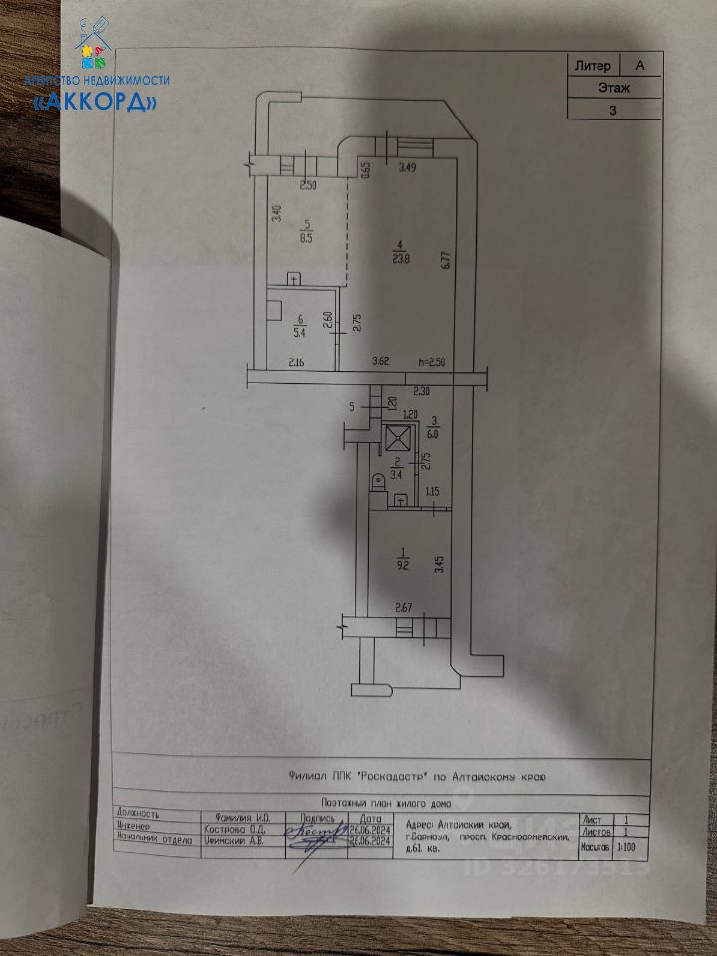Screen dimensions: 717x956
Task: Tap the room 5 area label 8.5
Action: coord(309,238)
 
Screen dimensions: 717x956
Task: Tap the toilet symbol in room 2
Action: coord(377,485)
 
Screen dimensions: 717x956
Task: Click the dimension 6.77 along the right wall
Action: coord(447,260)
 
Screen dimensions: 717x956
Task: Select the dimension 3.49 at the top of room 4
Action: coord(407,168)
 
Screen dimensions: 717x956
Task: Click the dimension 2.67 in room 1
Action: coord(404,607)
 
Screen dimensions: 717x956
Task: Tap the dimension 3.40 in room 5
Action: coord(280,212)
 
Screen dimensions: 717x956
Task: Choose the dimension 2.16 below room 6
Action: coord(296,361)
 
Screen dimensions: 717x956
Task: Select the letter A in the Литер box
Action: coord(640,65)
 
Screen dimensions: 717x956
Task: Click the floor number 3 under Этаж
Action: coord(613,111)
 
